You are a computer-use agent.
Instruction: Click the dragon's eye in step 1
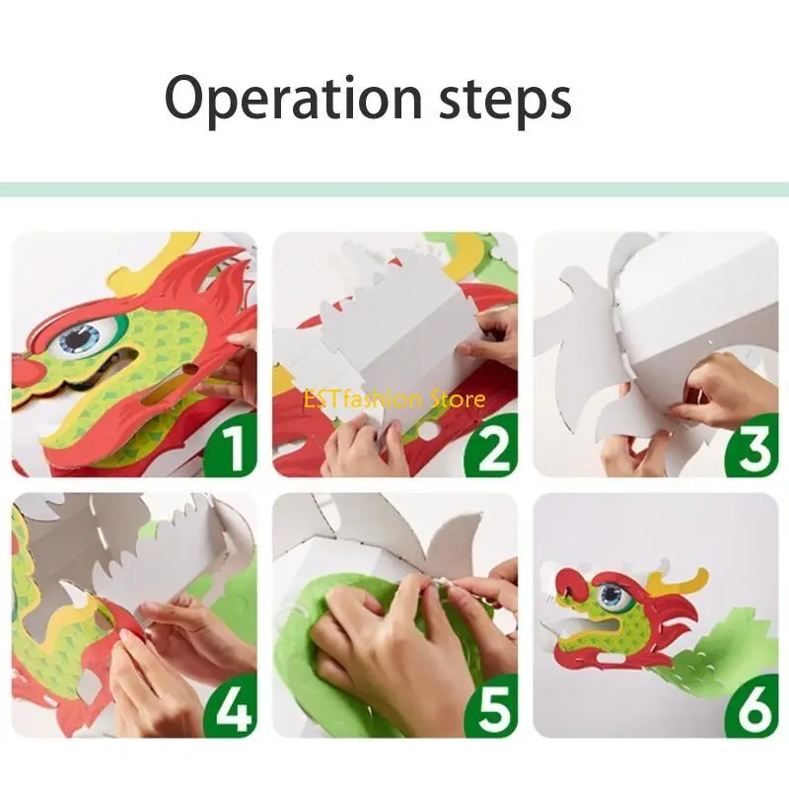[x=80, y=338]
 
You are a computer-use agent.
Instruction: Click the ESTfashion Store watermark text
[x=395, y=399]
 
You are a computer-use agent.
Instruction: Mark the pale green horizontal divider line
[x=394, y=188]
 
